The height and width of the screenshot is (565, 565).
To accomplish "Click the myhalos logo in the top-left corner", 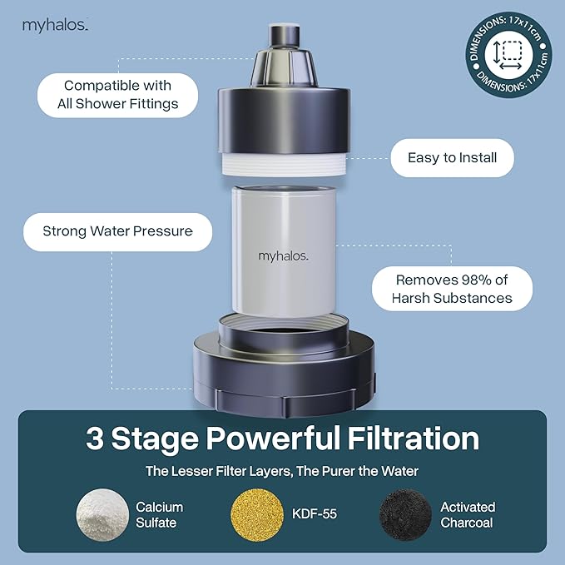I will click(55, 25).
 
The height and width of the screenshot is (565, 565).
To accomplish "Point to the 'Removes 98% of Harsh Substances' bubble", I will click(453, 289).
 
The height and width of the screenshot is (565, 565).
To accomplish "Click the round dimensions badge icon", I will click(508, 54).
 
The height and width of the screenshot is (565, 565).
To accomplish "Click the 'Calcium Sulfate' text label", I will click(159, 514).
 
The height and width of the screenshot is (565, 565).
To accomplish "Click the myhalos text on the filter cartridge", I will click(282, 256).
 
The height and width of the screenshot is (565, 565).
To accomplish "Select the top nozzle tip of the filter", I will click(282, 35).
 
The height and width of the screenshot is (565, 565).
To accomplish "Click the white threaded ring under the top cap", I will click(282, 161).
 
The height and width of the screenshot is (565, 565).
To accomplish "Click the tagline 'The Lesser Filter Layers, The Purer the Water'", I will click(282, 471).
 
